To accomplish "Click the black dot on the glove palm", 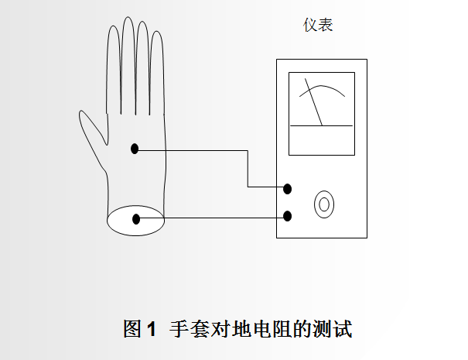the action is tap(135, 149).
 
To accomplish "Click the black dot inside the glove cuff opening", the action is tap(136, 219).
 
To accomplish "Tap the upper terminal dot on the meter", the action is tap(288, 189).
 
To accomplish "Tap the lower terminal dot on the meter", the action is tap(288, 216).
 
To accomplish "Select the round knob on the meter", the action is tap(324, 204).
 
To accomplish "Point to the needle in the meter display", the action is tap(313, 102).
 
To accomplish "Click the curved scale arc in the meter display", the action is tap(322, 86).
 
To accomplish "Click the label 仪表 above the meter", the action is tap(318, 25).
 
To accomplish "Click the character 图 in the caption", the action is tap(132, 328).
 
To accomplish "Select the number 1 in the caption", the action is tap(152, 329).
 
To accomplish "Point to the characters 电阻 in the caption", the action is tap(272, 328).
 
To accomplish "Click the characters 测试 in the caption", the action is tap(333, 328).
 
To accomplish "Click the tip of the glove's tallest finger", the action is tap(128, 17).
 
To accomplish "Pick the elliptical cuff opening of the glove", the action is tap(136, 205).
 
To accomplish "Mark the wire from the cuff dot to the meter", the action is tap(212, 218).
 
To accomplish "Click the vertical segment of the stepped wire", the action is tap(248, 169).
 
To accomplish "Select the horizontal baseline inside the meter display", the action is tap(322, 125).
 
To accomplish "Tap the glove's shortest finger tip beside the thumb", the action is tap(114, 26).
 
